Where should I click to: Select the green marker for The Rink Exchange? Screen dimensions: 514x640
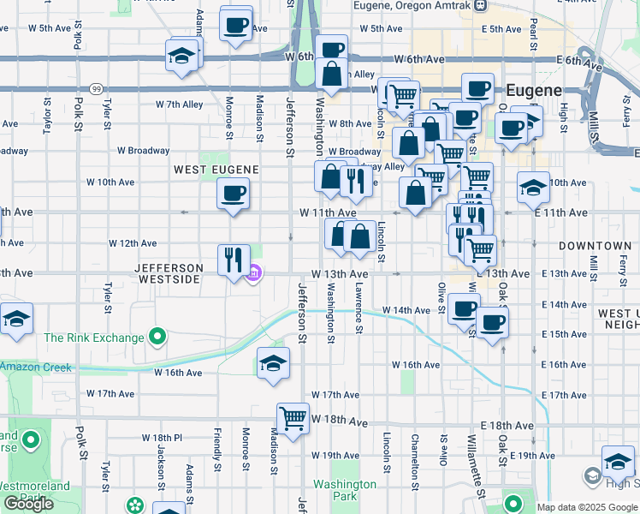(157, 338)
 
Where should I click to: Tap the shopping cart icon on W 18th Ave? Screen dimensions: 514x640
(293, 418)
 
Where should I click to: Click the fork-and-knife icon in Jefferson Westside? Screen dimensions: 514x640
(234, 257)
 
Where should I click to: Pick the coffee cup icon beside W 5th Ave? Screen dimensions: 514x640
(236, 24)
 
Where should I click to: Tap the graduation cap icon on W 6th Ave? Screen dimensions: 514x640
(182, 57)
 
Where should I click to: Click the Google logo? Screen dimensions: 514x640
(28, 504)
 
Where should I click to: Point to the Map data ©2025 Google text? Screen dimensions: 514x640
(587, 507)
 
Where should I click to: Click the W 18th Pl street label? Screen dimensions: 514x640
(162, 437)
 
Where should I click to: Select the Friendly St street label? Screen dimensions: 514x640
(217, 443)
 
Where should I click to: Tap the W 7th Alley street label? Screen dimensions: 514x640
(180, 105)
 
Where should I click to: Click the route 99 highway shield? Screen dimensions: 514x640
(98, 88)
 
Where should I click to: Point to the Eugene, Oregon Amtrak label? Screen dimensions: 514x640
(414, 5)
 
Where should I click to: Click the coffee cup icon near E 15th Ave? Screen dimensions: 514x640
(493, 324)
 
